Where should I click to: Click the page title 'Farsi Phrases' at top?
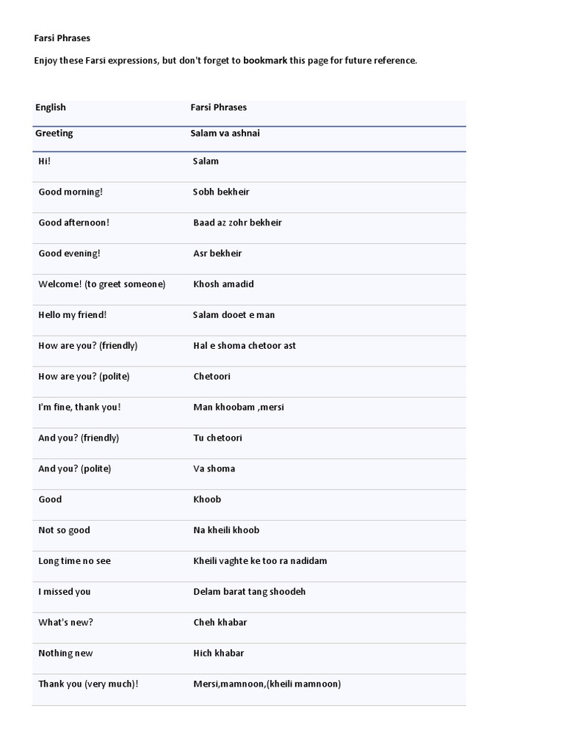[62, 37]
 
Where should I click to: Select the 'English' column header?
[51, 107]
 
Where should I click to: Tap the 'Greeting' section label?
[54, 134]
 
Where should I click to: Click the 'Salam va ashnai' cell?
[225, 134]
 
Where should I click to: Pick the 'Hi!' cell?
[45, 161]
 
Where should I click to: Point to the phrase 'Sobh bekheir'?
[221, 192]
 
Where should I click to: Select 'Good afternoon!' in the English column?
[73, 223]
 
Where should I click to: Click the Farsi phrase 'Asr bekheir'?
[217, 253]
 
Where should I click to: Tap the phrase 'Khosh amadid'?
[223, 284]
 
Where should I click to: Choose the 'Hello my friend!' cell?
[73, 315]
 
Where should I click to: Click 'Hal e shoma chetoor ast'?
[245, 346]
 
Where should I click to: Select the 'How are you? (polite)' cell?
[84, 377]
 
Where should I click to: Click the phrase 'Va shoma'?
[214, 469]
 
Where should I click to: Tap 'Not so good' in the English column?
[64, 530]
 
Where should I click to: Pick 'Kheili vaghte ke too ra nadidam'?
[260, 561]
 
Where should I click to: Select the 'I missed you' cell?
[65, 592]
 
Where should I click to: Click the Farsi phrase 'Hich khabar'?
[218, 654]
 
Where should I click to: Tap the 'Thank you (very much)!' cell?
[88, 684]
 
